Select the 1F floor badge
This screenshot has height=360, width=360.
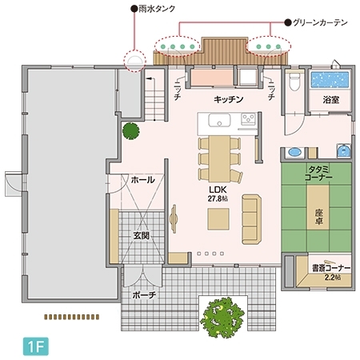[x=32, y=348]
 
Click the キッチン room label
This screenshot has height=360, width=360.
[x=228, y=100]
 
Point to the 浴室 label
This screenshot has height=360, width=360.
[x=331, y=102]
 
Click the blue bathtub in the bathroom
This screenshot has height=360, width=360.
[x=330, y=80]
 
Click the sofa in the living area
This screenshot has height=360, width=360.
[x=251, y=218]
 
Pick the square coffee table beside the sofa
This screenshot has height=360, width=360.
[x=222, y=218]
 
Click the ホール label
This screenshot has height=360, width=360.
[x=142, y=181]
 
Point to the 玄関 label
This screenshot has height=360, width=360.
[x=142, y=236]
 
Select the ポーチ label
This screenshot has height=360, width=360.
[x=145, y=295]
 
